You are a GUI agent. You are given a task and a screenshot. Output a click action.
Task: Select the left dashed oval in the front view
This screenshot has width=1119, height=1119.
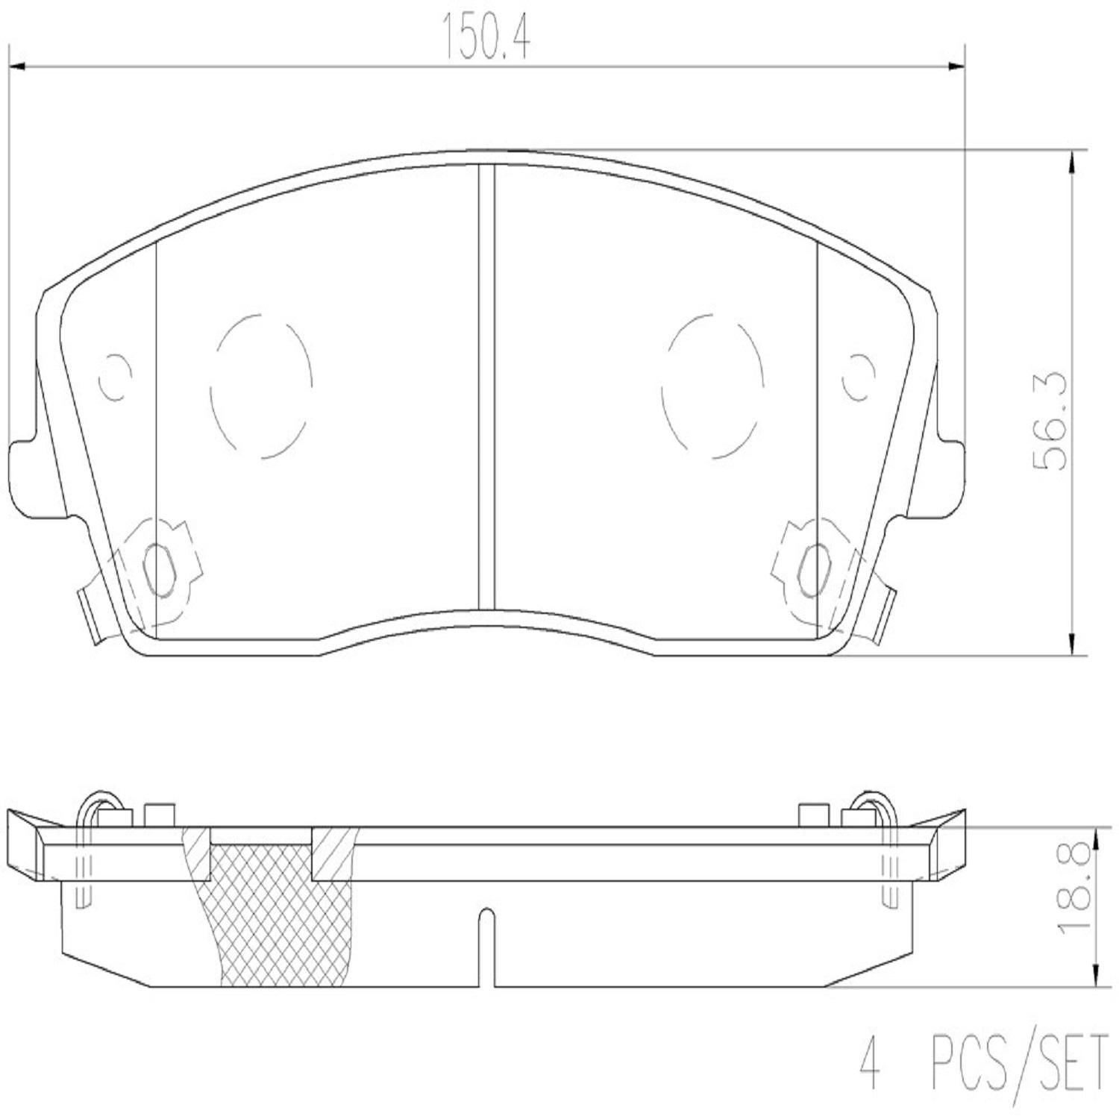pos(261,386)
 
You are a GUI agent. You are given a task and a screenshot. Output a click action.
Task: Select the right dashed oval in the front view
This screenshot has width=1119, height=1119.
pos(712,386)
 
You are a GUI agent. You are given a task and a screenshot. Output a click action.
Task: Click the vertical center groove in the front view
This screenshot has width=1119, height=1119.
pos(486,388)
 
